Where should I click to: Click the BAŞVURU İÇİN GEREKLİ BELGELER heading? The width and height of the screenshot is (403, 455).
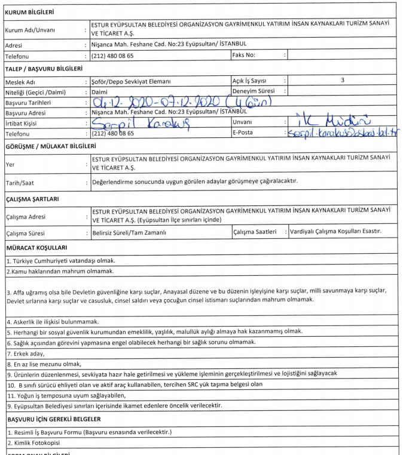pyautogui.click(x=56, y=419)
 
